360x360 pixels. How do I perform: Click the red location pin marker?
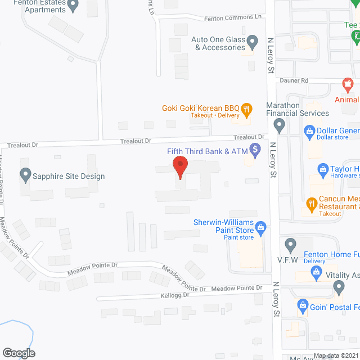[x=179, y=166]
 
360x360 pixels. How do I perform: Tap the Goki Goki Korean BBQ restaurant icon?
[x=246, y=109]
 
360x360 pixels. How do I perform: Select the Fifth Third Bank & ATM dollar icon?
[x=256, y=150]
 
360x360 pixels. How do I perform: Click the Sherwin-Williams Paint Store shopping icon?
[x=260, y=227]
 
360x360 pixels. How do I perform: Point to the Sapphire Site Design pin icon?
[x=25, y=175]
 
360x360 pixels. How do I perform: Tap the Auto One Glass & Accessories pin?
[x=253, y=40]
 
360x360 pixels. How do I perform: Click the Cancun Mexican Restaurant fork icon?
[x=310, y=203]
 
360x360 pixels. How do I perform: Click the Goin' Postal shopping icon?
[x=303, y=307]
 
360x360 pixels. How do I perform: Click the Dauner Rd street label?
[x=297, y=81]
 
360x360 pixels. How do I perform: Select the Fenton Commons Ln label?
[x=227, y=17]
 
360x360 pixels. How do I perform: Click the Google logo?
[x=19, y=353]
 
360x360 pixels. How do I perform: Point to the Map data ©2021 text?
[x=335, y=355]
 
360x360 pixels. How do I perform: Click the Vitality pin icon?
[x=339, y=287]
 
